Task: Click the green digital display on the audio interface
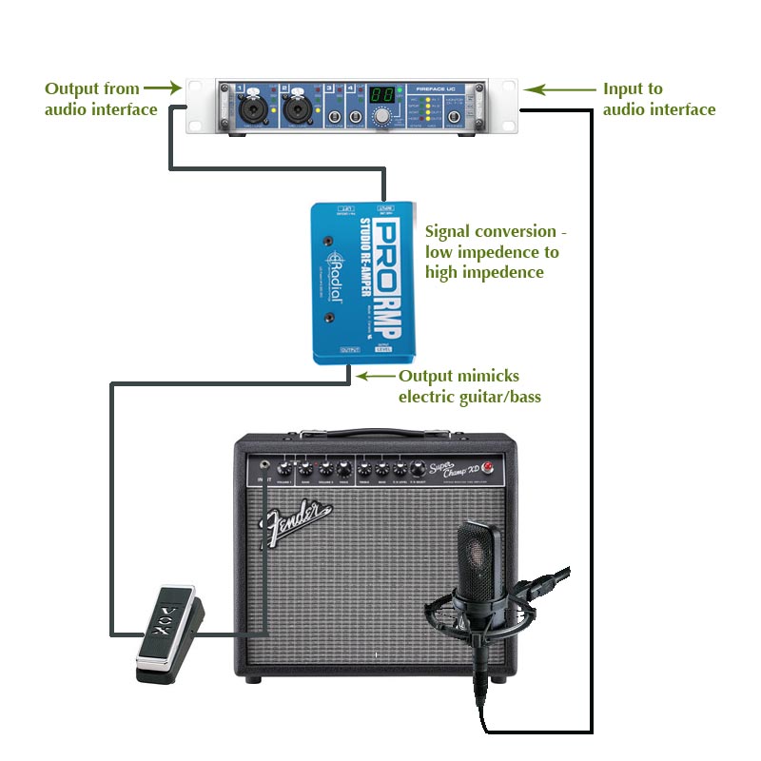tap(381, 96)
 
